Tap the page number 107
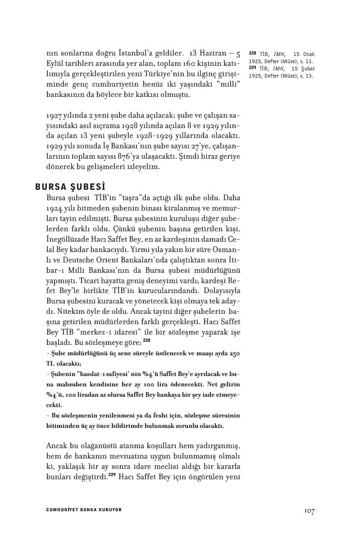tap(309, 510)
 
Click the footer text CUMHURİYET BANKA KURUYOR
tap(84, 509)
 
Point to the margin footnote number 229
tap(252, 69)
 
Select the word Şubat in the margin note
tap(306, 69)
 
